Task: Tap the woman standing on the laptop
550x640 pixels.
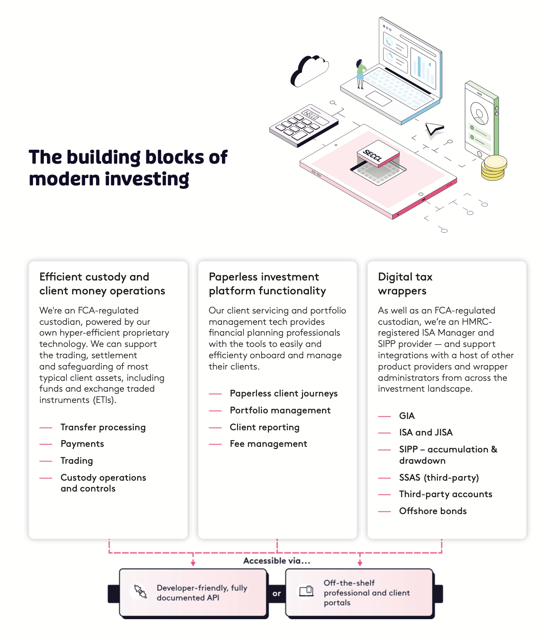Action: coord(360,74)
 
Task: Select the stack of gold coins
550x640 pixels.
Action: coord(494,168)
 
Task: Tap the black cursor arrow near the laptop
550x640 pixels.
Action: coord(434,129)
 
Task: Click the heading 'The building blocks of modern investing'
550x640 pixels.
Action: coord(128,168)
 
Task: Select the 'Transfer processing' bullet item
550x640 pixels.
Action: coord(103,427)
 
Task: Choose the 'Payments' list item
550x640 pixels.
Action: coord(82,444)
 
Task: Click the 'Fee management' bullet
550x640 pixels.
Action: coord(268,444)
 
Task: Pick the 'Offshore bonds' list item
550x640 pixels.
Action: coord(433,511)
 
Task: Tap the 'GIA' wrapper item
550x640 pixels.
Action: coord(407,416)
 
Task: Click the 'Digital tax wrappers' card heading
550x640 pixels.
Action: coord(405,284)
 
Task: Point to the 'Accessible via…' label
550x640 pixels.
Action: coord(277,561)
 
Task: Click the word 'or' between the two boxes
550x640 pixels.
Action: coord(277,594)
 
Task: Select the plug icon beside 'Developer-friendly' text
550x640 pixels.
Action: coord(140,591)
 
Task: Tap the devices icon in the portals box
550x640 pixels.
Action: coord(306,591)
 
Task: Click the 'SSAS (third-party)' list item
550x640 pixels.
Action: coord(439,478)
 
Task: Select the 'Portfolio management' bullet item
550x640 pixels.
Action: coord(280,410)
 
